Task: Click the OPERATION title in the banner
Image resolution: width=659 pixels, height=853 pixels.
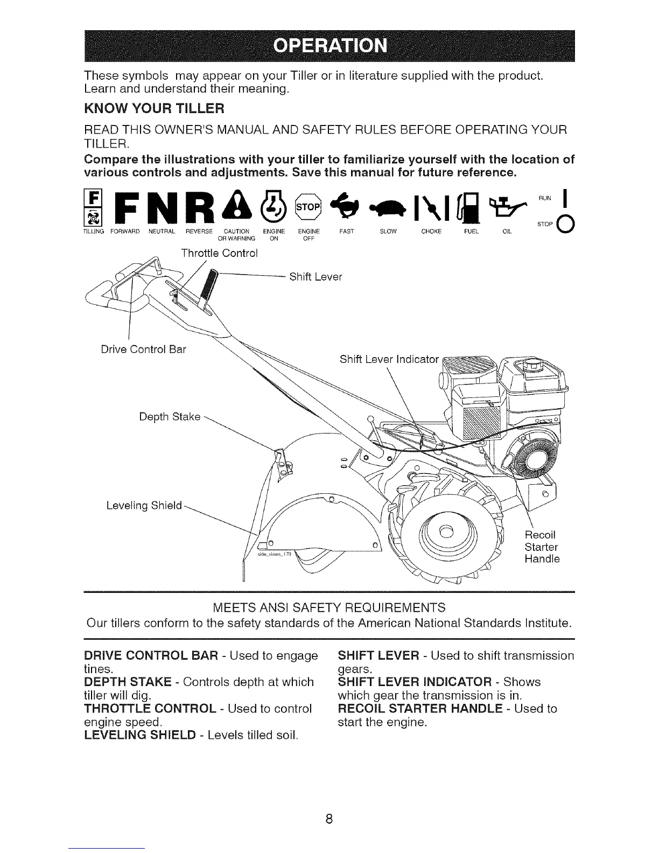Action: click(330, 45)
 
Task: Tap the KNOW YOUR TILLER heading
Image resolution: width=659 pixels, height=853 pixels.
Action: click(153, 109)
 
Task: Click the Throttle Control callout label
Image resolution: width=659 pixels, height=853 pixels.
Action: click(220, 253)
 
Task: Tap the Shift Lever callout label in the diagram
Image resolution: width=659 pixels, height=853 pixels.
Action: click(316, 277)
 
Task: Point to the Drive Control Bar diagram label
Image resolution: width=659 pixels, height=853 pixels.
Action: click(143, 349)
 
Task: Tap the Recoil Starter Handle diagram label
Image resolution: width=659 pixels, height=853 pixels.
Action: click(542, 547)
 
